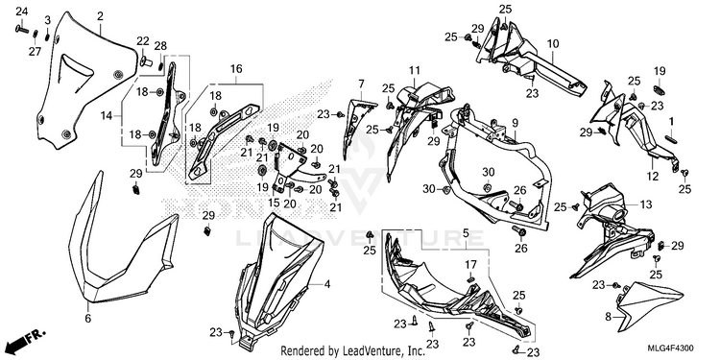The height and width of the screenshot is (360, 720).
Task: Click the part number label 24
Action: pyautogui.click(x=21, y=11)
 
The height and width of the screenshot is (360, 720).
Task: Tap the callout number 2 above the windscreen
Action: pyautogui.click(x=100, y=17)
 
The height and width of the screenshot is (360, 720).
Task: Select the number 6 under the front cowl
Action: pyautogui.click(x=88, y=318)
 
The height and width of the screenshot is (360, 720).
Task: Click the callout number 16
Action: pyautogui.click(x=236, y=69)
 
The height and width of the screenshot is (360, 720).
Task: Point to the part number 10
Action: pyautogui.click(x=553, y=44)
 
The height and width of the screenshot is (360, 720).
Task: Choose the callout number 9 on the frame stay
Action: pyautogui.click(x=515, y=123)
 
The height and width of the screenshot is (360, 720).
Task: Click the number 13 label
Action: pyautogui.click(x=646, y=204)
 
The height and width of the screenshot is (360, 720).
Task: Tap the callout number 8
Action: pyautogui.click(x=609, y=317)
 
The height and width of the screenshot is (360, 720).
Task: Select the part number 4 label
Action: pyautogui.click(x=327, y=285)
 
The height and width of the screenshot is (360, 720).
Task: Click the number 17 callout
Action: pyautogui.click(x=470, y=265)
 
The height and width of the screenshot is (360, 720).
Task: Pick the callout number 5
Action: pyautogui.click(x=466, y=233)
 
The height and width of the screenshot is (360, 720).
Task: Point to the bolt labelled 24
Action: pyautogui.click(x=22, y=30)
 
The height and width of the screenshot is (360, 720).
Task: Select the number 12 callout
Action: pyautogui.click(x=653, y=177)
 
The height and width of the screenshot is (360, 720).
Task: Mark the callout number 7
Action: pyautogui.click(x=361, y=84)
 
